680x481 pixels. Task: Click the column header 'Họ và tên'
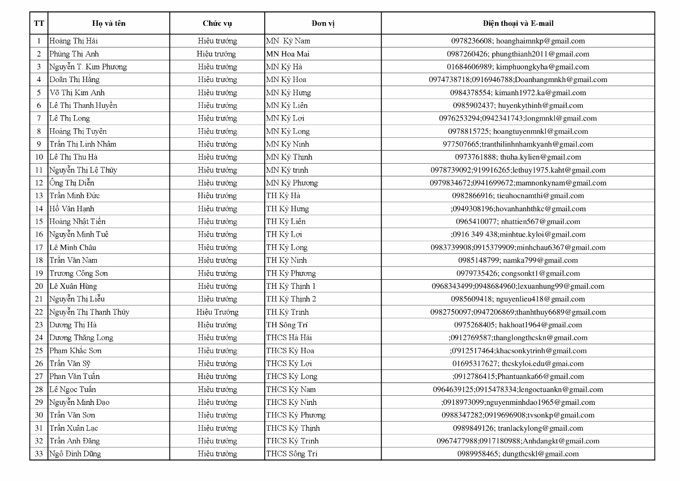click(109, 24)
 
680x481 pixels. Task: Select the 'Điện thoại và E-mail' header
click(518, 24)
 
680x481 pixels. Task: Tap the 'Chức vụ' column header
click(217, 24)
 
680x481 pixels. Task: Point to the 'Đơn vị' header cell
click(323, 24)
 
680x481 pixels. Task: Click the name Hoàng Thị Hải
click(73, 41)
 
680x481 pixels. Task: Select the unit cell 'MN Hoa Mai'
click(288, 54)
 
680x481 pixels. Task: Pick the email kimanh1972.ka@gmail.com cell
click(518, 92)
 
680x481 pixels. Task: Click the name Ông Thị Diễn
click(72, 183)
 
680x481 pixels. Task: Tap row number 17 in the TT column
click(39, 248)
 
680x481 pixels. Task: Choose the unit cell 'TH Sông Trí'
click(287, 325)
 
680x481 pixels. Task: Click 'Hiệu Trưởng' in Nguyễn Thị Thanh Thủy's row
click(217, 312)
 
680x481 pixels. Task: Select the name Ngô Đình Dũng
click(75, 454)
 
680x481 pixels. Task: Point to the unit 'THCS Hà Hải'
click(289, 338)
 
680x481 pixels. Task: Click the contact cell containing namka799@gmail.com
click(518, 260)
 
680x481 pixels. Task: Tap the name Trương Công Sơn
click(78, 273)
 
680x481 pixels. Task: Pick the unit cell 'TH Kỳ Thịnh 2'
click(291, 299)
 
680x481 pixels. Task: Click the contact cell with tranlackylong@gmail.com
click(518, 428)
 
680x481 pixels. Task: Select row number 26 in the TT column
click(39, 364)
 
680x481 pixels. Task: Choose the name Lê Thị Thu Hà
click(73, 157)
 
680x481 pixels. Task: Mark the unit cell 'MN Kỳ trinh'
click(287, 170)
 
